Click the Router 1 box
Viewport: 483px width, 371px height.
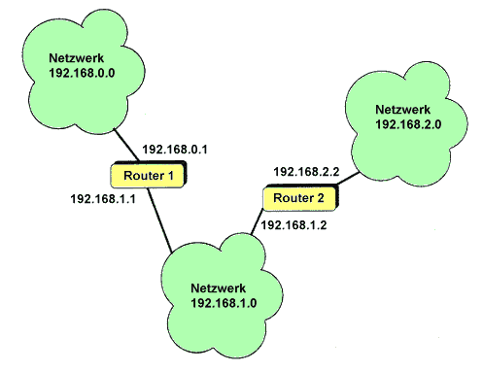pos(149,175)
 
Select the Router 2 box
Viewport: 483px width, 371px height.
pos(300,197)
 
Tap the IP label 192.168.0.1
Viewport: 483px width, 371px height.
pos(175,150)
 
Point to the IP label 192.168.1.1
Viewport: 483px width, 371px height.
pos(103,199)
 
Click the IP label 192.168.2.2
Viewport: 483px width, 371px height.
pos(306,172)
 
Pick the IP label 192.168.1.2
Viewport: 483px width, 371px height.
pos(293,225)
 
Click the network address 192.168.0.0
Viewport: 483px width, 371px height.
pos(82,73)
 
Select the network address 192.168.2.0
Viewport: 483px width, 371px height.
pos(408,124)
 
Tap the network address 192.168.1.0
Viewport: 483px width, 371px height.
pos(224,303)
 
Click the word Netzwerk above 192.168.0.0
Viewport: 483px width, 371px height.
pos(77,58)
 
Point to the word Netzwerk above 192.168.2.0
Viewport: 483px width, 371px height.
pos(403,110)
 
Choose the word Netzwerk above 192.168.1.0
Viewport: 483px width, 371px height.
pos(219,288)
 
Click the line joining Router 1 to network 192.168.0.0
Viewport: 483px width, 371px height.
pos(126,146)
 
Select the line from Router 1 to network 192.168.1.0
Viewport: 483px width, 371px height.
pos(159,220)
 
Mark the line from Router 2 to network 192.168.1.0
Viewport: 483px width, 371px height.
pos(257,222)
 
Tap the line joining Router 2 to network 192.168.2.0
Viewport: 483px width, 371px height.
pos(349,179)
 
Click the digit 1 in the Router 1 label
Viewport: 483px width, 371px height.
pos(171,176)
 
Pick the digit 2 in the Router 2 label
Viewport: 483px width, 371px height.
pos(321,198)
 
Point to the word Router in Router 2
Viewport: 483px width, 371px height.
pos(293,198)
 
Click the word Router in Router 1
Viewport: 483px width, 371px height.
pos(144,176)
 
